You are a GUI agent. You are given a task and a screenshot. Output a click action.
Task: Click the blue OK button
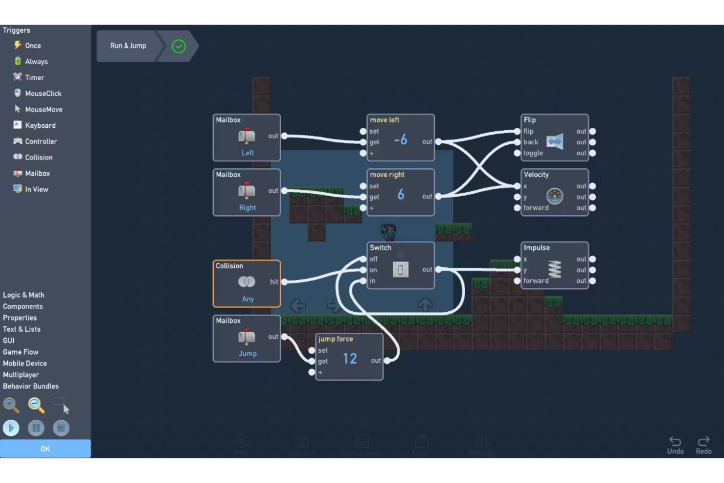[x=45, y=448]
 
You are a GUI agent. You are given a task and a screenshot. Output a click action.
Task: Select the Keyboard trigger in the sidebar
[x=40, y=125]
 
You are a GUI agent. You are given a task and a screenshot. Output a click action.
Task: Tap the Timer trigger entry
[x=34, y=77]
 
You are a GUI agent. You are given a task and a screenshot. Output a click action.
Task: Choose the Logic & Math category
[x=23, y=295]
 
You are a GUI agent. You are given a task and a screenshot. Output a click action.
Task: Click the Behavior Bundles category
[x=31, y=386]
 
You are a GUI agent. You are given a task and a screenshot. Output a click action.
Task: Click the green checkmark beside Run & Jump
[x=179, y=46]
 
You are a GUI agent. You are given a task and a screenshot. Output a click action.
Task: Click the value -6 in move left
[x=401, y=140]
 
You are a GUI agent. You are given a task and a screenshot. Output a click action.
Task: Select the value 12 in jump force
[x=350, y=359]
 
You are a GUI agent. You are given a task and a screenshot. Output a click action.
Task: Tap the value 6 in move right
[x=401, y=195]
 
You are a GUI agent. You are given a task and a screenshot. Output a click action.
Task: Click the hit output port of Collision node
[x=284, y=282]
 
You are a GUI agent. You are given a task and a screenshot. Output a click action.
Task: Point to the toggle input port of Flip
[x=517, y=153]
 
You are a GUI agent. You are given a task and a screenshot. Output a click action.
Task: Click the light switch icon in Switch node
[x=401, y=269]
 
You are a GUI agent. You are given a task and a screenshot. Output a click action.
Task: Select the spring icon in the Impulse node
[x=554, y=269]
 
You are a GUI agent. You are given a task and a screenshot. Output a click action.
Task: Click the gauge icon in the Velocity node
[x=554, y=196]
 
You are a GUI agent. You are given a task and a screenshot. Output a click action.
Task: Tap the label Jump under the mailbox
[x=248, y=353]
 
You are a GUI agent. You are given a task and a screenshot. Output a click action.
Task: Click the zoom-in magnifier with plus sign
[x=11, y=405]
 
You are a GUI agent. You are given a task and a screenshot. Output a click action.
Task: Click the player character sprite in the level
[x=389, y=232]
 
